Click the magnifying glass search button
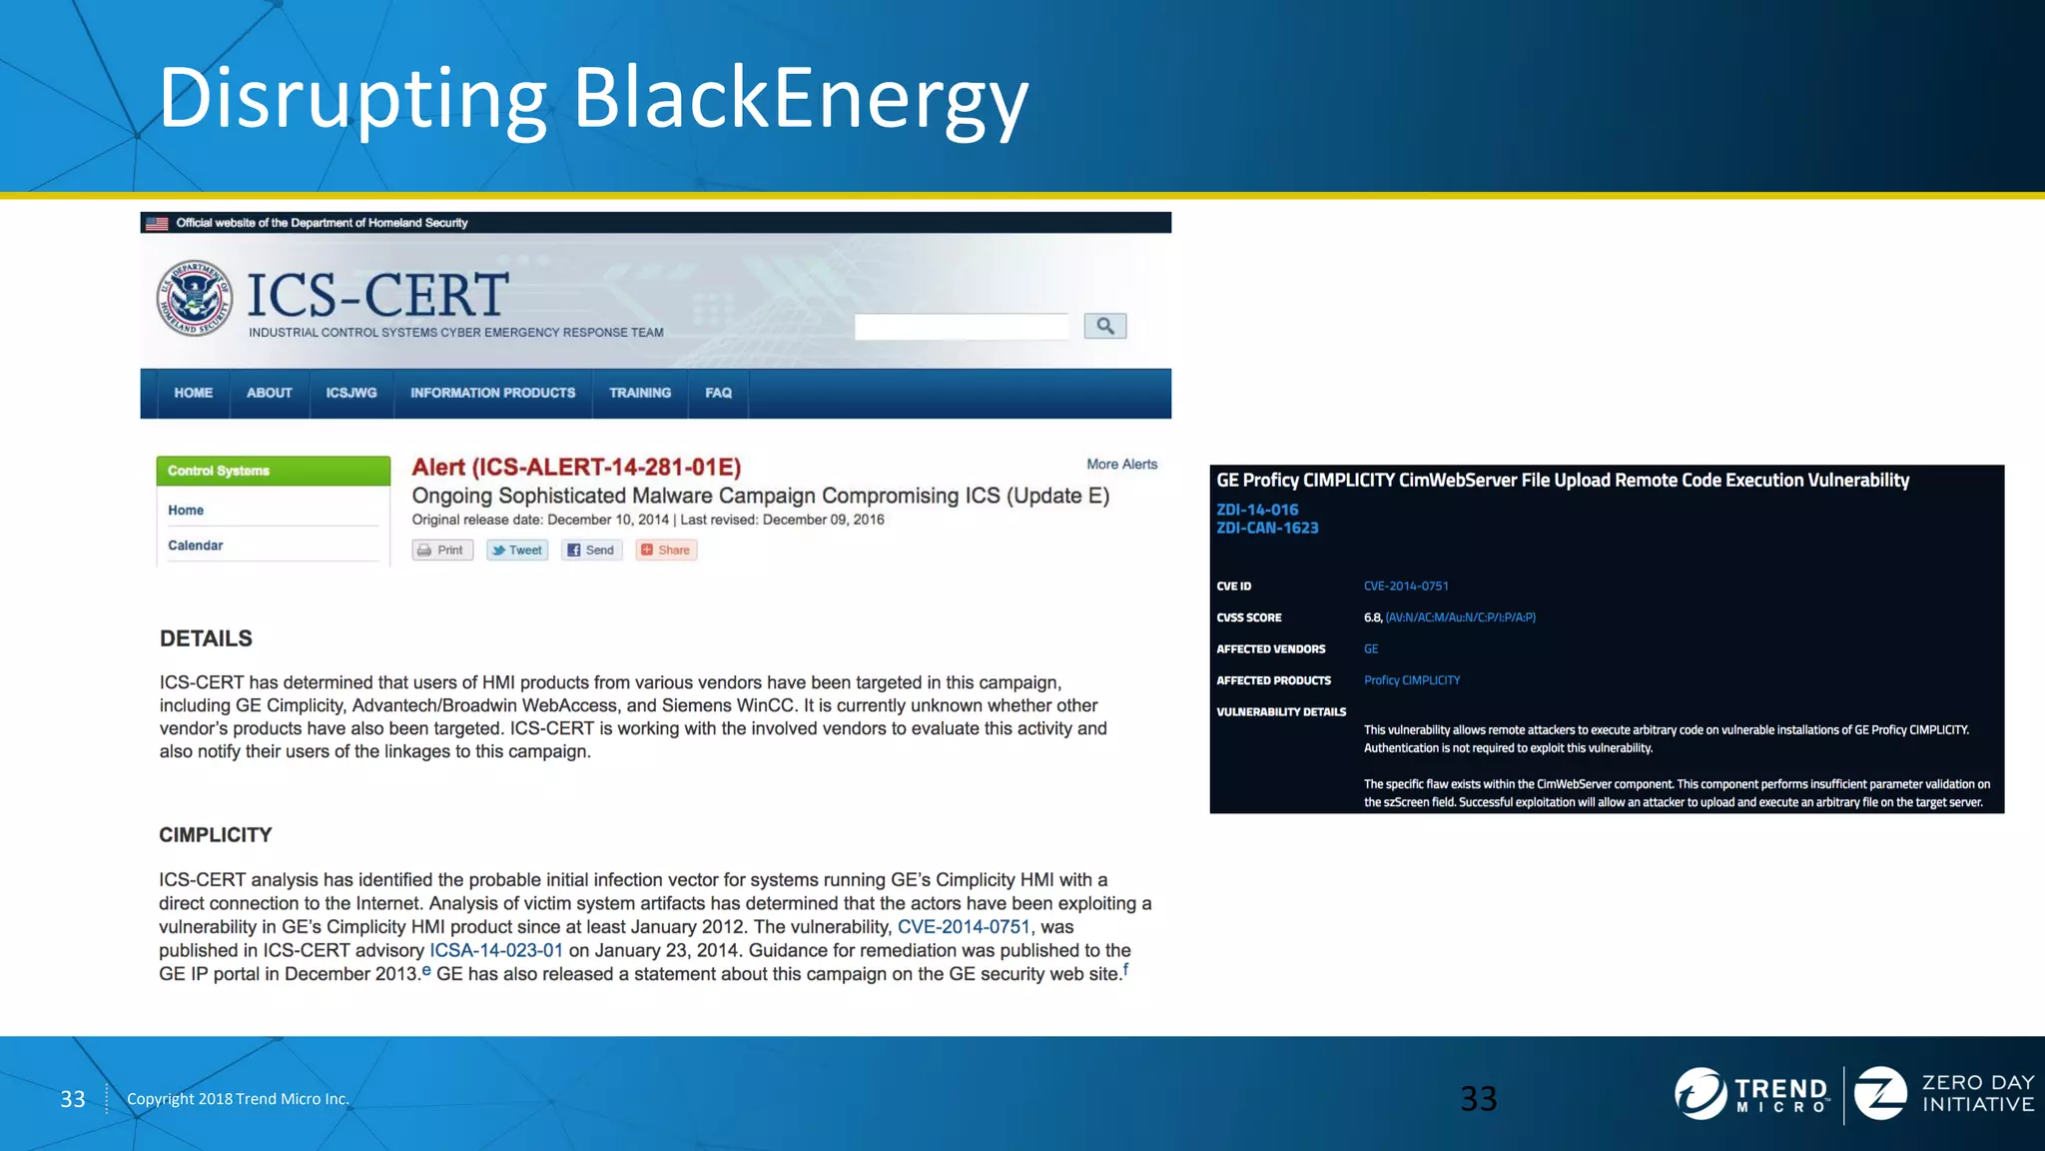coord(1104,326)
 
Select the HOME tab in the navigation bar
coord(193,393)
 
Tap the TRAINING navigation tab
coord(640,393)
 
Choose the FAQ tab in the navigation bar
coord(718,393)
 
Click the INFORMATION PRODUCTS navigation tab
coord(492,393)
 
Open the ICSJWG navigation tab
coord(351,393)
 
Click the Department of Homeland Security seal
coord(195,298)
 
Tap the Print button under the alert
coord(441,551)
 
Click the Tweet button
coord(517,551)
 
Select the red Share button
coord(666,551)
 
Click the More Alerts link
coord(1121,465)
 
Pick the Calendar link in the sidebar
coord(196,546)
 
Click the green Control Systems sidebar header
coord(273,471)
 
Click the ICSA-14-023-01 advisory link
coord(496,950)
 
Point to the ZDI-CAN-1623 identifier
coord(1267,529)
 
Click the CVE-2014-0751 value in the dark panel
coord(1406,586)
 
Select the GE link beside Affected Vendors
coord(1371,649)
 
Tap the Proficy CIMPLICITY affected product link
coord(1412,680)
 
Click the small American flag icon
coord(157,223)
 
